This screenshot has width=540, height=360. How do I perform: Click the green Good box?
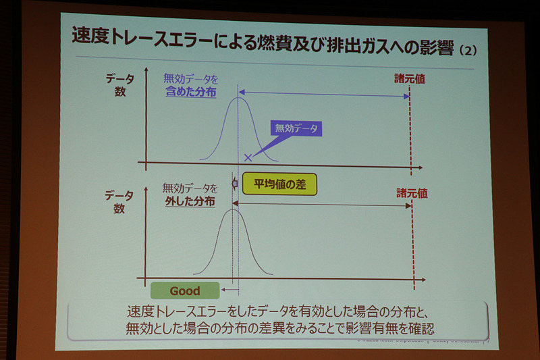pyautogui.click(x=185, y=290)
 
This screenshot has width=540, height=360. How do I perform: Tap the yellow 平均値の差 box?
pyautogui.click(x=279, y=184)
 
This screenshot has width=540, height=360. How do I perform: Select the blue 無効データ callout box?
pyautogui.click(x=296, y=128)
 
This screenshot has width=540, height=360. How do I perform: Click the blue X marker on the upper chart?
pyautogui.click(x=248, y=157)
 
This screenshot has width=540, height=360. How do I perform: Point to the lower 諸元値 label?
pyautogui.click(x=412, y=192)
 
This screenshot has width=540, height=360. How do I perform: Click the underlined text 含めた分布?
pyautogui.click(x=191, y=93)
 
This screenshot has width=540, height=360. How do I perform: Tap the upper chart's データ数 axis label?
pyautogui.click(x=119, y=85)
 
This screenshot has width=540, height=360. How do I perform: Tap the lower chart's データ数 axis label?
pyautogui.click(x=119, y=201)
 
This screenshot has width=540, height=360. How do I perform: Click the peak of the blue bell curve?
pyautogui.click(x=238, y=99)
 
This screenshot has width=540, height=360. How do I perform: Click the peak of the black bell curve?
pyautogui.click(x=232, y=209)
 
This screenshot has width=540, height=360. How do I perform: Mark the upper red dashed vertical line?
pyautogui.click(x=409, y=128)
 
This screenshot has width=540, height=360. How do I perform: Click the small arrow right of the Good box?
pyautogui.click(x=230, y=290)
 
